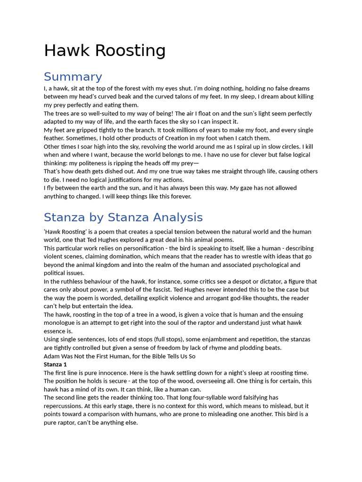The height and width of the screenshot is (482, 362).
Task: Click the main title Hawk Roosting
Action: click(105, 51)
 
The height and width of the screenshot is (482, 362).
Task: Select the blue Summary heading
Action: click(73, 77)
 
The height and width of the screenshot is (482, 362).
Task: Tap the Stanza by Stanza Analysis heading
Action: click(123, 217)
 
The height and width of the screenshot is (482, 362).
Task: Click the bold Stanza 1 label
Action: click(55, 364)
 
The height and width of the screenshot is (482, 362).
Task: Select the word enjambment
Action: click(215, 339)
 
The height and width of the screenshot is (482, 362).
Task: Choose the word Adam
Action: click(52, 356)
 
